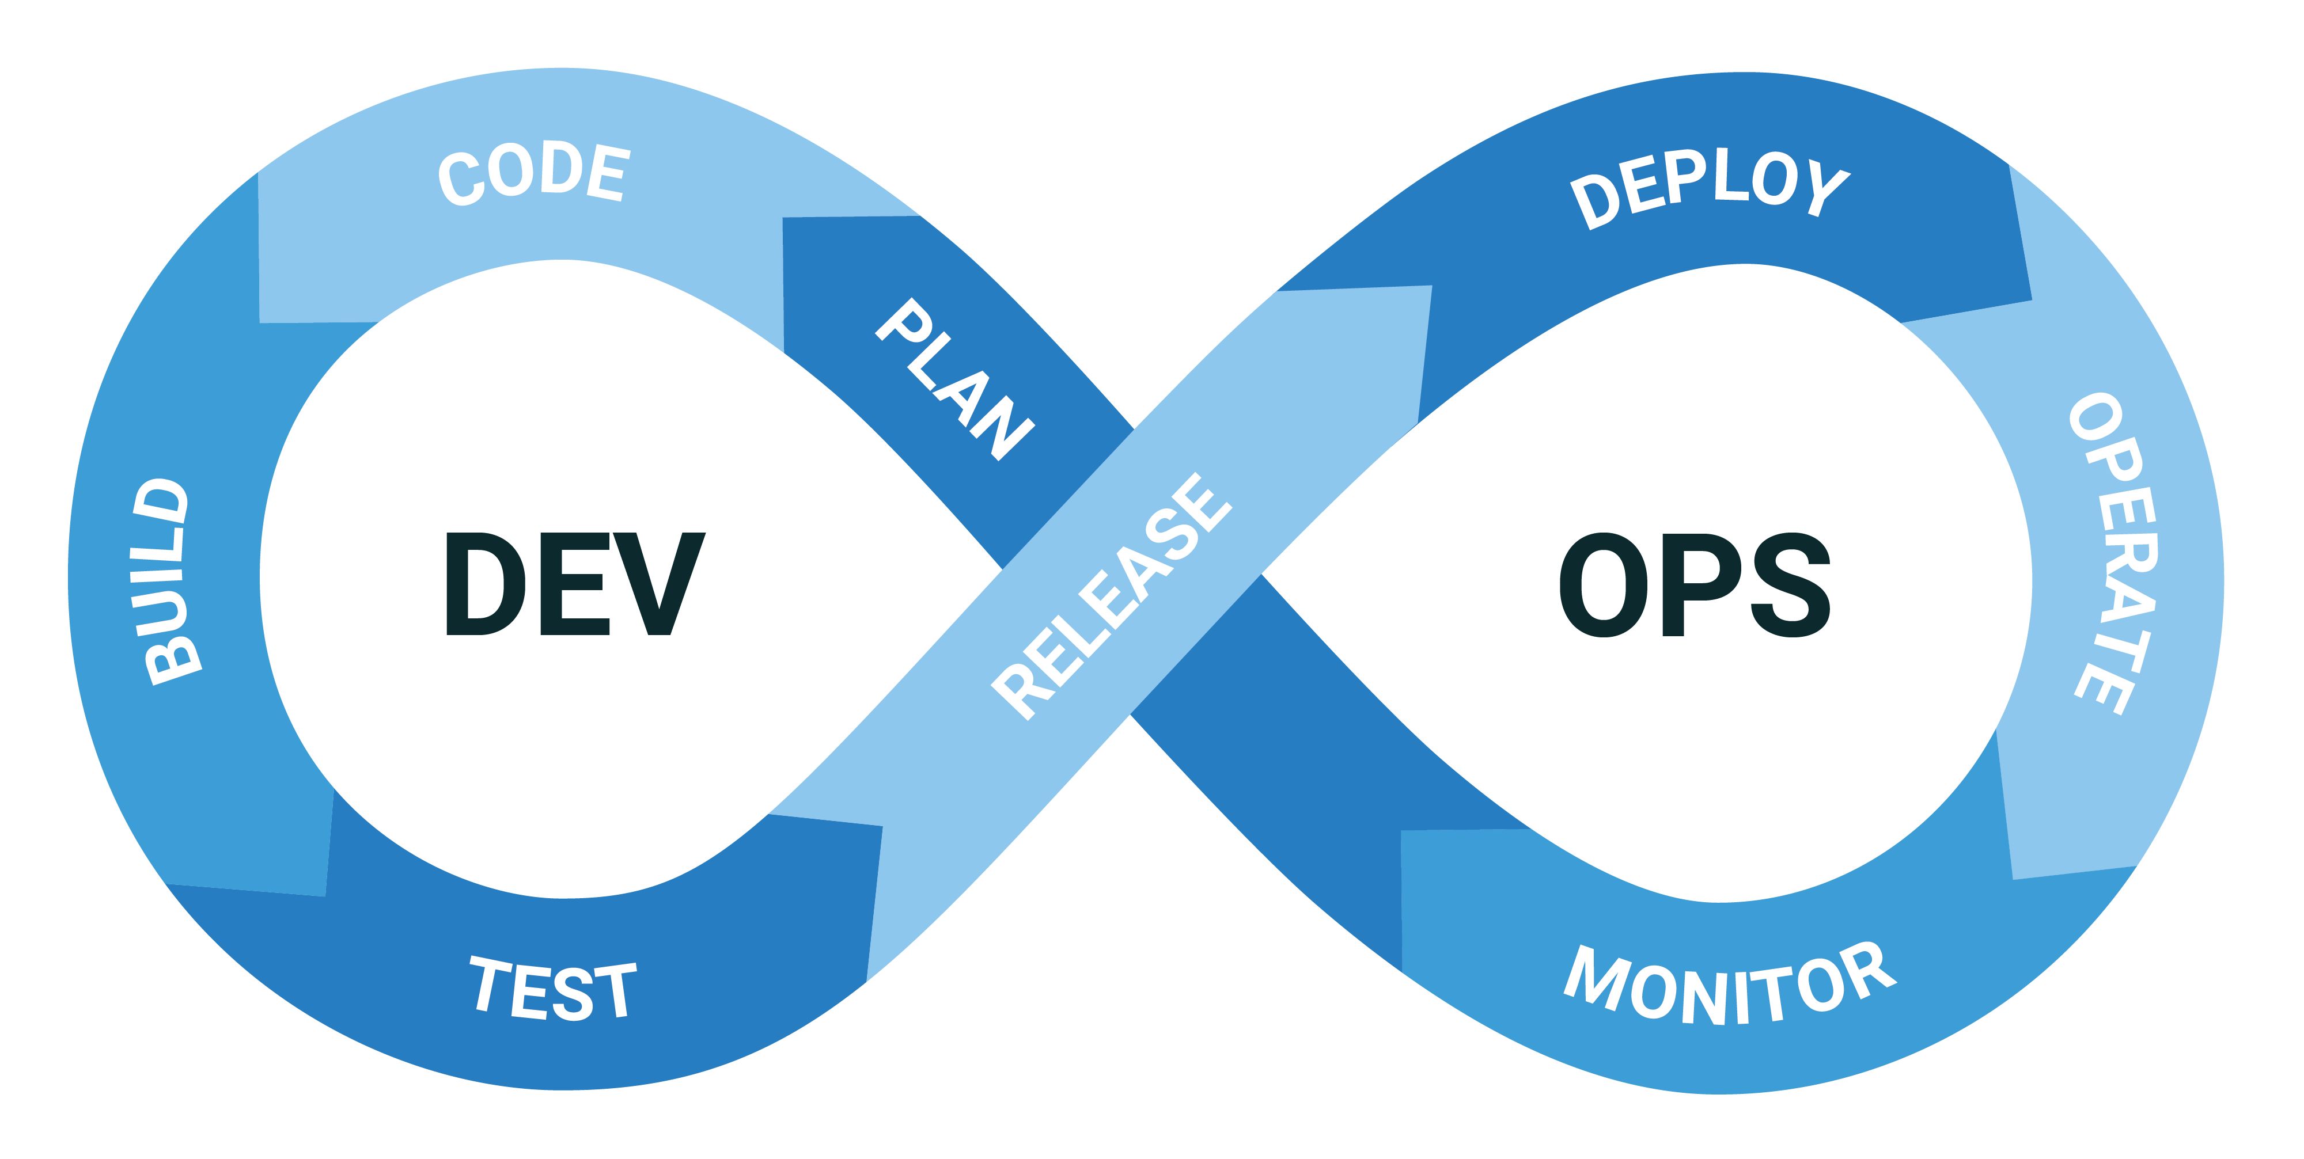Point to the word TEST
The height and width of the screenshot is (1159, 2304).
pos(553,988)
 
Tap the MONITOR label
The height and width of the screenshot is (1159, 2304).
pos(1729,985)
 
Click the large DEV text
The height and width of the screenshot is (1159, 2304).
pos(575,584)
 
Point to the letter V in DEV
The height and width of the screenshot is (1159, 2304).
pos(658,584)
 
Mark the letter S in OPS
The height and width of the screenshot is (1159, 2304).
pos(1790,585)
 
